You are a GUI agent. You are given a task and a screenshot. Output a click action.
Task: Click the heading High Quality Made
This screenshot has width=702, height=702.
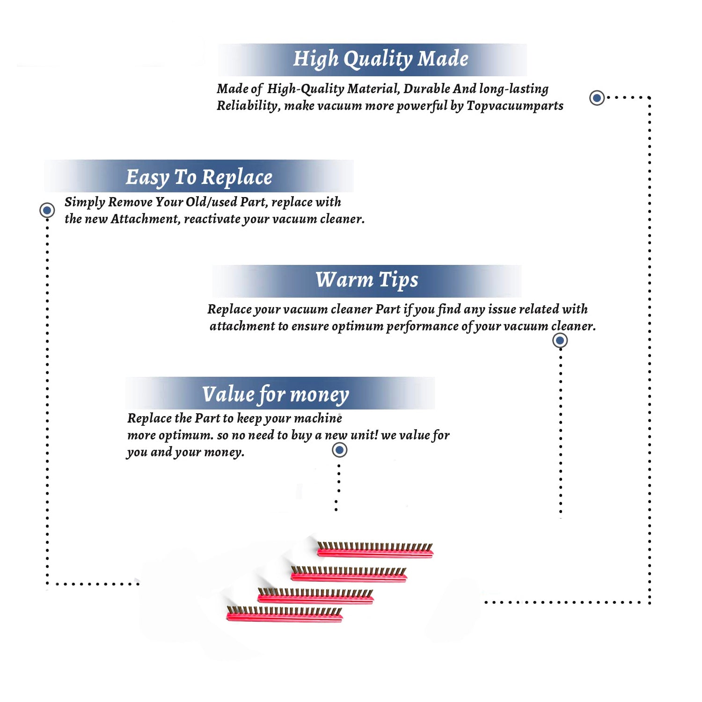[380, 59]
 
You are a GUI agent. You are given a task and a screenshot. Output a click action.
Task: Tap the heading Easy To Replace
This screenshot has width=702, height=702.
[199, 178]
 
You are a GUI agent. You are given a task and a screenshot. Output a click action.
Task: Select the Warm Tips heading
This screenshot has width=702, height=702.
[366, 280]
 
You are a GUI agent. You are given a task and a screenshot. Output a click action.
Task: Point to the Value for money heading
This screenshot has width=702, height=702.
[275, 395]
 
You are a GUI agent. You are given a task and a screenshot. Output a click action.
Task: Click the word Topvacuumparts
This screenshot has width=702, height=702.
[515, 106]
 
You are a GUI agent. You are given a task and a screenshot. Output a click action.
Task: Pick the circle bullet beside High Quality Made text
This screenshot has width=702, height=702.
[597, 98]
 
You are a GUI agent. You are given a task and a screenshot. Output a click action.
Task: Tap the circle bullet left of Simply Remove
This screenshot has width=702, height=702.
[47, 210]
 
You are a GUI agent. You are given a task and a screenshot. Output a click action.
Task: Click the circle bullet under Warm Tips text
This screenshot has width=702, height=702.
[560, 340]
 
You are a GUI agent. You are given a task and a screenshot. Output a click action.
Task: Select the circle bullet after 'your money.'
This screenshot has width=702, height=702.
[339, 450]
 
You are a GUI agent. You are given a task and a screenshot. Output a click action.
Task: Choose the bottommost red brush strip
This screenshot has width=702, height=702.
[285, 614]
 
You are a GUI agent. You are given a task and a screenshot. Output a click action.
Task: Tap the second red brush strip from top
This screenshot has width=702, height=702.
[349, 574]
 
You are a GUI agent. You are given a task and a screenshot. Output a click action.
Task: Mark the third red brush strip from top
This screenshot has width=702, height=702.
[315, 596]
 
